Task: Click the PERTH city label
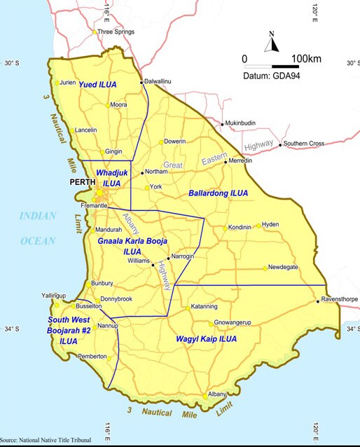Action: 82,183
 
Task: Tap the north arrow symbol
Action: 271,43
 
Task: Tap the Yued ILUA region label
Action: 98,84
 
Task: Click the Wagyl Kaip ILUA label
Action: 206,339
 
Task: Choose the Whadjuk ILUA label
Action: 109,177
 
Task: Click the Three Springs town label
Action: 115,32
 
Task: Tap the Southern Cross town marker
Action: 280,145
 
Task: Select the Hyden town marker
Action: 258,226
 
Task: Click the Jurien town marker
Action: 56,83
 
